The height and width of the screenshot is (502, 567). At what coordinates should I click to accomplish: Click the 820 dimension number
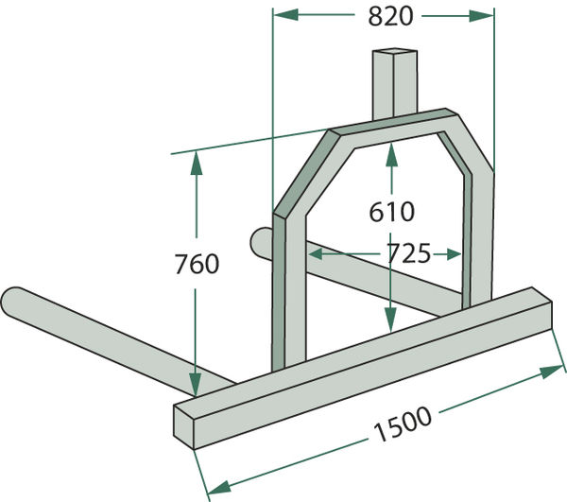pos(390,16)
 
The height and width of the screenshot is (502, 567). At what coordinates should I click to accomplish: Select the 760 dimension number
pos(198,264)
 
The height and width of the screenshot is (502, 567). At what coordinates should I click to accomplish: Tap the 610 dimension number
pos(391,212)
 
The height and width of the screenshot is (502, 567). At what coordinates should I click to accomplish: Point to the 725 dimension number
pos(409,253)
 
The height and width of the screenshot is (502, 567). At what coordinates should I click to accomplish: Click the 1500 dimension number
pos(404,424)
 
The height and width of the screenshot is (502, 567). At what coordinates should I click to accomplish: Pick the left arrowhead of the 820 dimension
pos(285,15)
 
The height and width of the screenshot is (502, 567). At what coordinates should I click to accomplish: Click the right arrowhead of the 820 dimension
pos(482,16)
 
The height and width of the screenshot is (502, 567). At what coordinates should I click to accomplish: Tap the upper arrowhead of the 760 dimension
pos(197,164)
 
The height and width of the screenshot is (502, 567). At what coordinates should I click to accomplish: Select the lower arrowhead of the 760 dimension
pos(196,385)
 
